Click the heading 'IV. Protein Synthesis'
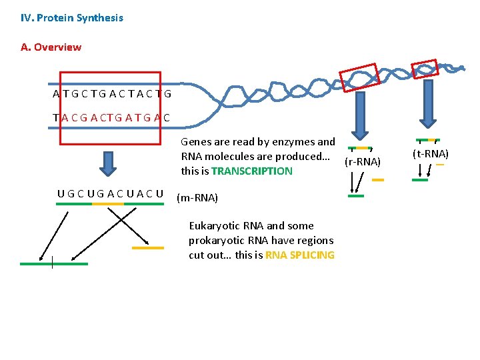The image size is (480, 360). (x=72, y=18)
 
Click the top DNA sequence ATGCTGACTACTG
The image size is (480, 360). (x=112, y=94)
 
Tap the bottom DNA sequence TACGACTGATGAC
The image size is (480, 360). (x=111, y=118)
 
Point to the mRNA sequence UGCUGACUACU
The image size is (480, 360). (x=110, y=194)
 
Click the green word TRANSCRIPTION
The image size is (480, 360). (x=252, y=171)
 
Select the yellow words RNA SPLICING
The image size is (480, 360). (x=300, y=255)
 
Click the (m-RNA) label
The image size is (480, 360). (x=197, y=198)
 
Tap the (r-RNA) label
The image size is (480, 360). (x=363, y=162)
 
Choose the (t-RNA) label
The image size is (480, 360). (x=431, y=154)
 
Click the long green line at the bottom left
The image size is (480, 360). (x=53, y=264)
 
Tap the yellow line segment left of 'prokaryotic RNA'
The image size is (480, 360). (x=147, y=248)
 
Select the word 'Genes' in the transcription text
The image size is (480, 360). (x=195, y=141)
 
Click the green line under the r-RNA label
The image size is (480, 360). (x=357, y=196)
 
